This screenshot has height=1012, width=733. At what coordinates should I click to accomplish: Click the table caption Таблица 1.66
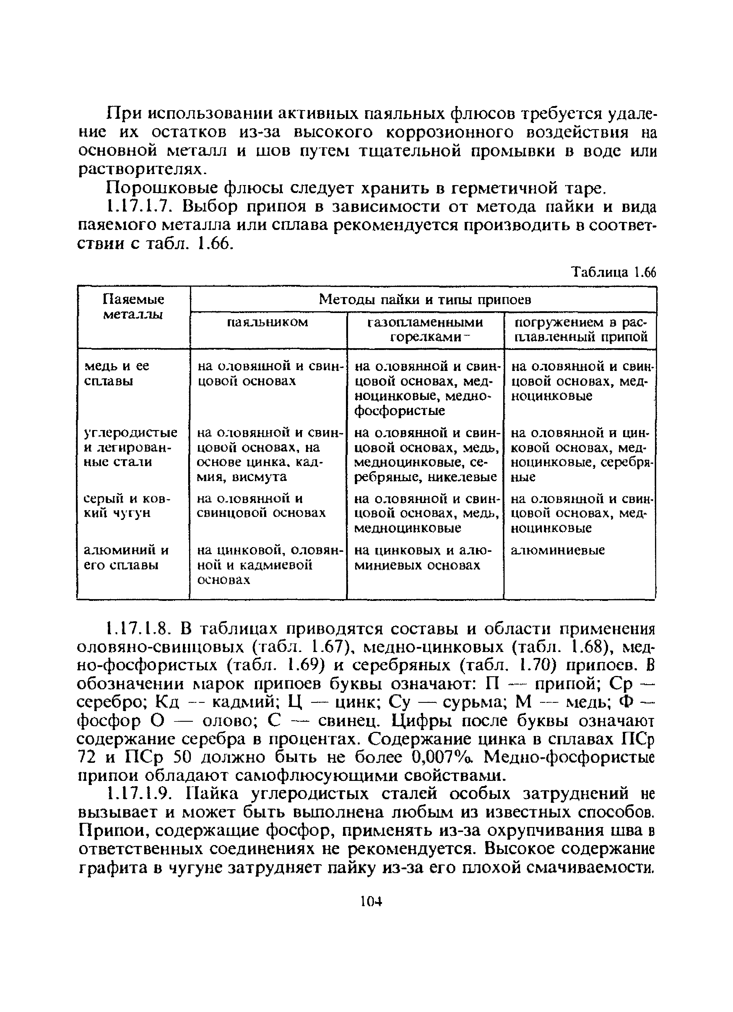[x=614, y=272]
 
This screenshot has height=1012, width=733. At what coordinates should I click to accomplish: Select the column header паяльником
[x=268, y=322]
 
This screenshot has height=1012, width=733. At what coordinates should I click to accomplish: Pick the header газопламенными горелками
[x=425, y=329]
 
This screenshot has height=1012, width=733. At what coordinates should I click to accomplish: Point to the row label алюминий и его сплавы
[x=126, y=558]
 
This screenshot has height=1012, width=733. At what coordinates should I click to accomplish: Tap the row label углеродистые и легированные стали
[x=130, y=447]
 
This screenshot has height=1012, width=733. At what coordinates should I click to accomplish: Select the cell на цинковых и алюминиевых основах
[x=422, y=558]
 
